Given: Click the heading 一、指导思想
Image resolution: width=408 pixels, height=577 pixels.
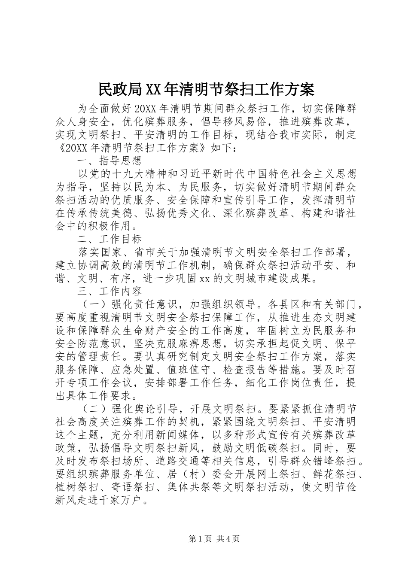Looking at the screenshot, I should click(x=110, y=161).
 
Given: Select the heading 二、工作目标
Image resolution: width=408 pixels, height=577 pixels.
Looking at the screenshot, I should click(x=110, y=238).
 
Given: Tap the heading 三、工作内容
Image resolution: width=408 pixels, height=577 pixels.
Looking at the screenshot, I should click(x=110, y=291).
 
